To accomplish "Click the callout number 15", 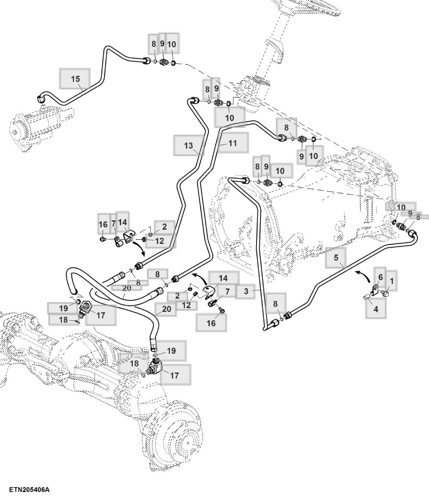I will [x=75, y=79].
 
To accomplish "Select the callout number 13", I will [x=188, y=146].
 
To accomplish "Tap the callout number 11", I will [x=233, y=143].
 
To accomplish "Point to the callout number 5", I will [x=336, y=258].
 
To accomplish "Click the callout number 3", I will [x=246, y=291].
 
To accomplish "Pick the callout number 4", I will [x=375, y=309].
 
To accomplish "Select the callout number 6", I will [x=380, y=277].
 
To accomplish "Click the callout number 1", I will [x=392, y=281].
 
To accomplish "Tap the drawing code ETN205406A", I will [x=29, y=490].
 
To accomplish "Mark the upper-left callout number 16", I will [x=103, y=225].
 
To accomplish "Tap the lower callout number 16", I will [x=211, y=323].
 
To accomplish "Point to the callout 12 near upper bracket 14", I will [x=159, y=241].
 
